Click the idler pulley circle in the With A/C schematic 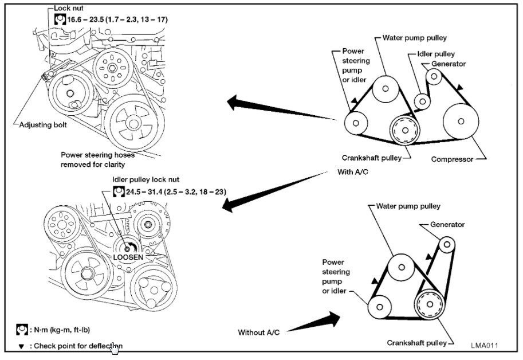pos(422,101)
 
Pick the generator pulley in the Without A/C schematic pos(447,245)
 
